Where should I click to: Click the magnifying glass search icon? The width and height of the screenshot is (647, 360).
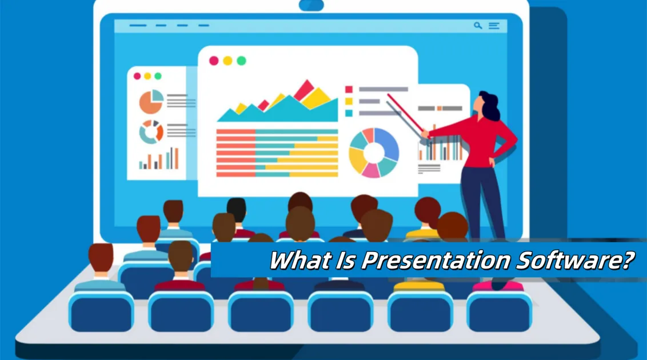478,26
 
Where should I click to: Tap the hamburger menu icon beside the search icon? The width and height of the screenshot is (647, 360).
494,26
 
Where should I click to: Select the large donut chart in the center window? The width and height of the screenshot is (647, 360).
374,153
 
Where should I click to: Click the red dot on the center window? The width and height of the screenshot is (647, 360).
214,61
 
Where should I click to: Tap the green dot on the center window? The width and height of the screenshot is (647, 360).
241,61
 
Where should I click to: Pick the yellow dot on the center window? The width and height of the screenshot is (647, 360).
227,61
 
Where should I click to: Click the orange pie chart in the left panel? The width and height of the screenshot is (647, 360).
151,102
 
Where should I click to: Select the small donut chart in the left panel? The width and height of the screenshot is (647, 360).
151,132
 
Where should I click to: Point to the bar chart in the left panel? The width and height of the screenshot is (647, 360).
159,159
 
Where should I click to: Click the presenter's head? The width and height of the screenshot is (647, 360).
487,105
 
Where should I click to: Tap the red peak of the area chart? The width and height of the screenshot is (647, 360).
305,89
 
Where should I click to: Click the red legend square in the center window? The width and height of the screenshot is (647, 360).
349,89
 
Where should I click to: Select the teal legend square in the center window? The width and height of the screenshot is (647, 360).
349,113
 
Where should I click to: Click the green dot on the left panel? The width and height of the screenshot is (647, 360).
158,76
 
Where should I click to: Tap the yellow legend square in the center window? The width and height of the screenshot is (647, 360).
349,101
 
